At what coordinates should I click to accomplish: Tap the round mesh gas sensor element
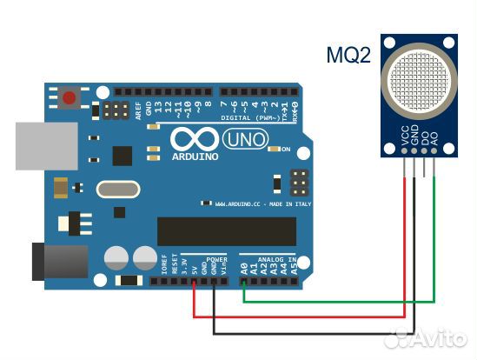421,82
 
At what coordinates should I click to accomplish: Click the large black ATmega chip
226,231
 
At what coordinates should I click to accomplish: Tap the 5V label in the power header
194,269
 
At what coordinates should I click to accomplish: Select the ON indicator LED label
285,150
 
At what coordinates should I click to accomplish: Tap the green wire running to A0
339,300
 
